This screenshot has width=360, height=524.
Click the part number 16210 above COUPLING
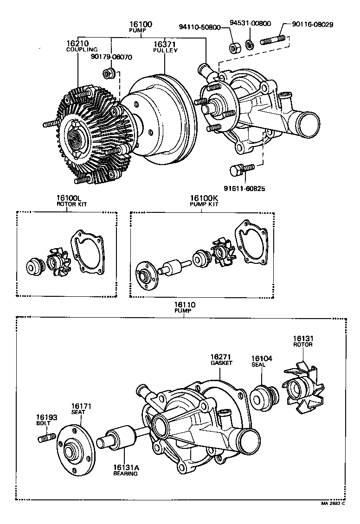pos(77,43)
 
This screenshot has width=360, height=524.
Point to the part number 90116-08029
pos(313,24)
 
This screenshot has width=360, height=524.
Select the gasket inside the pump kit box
pos(251,241)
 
